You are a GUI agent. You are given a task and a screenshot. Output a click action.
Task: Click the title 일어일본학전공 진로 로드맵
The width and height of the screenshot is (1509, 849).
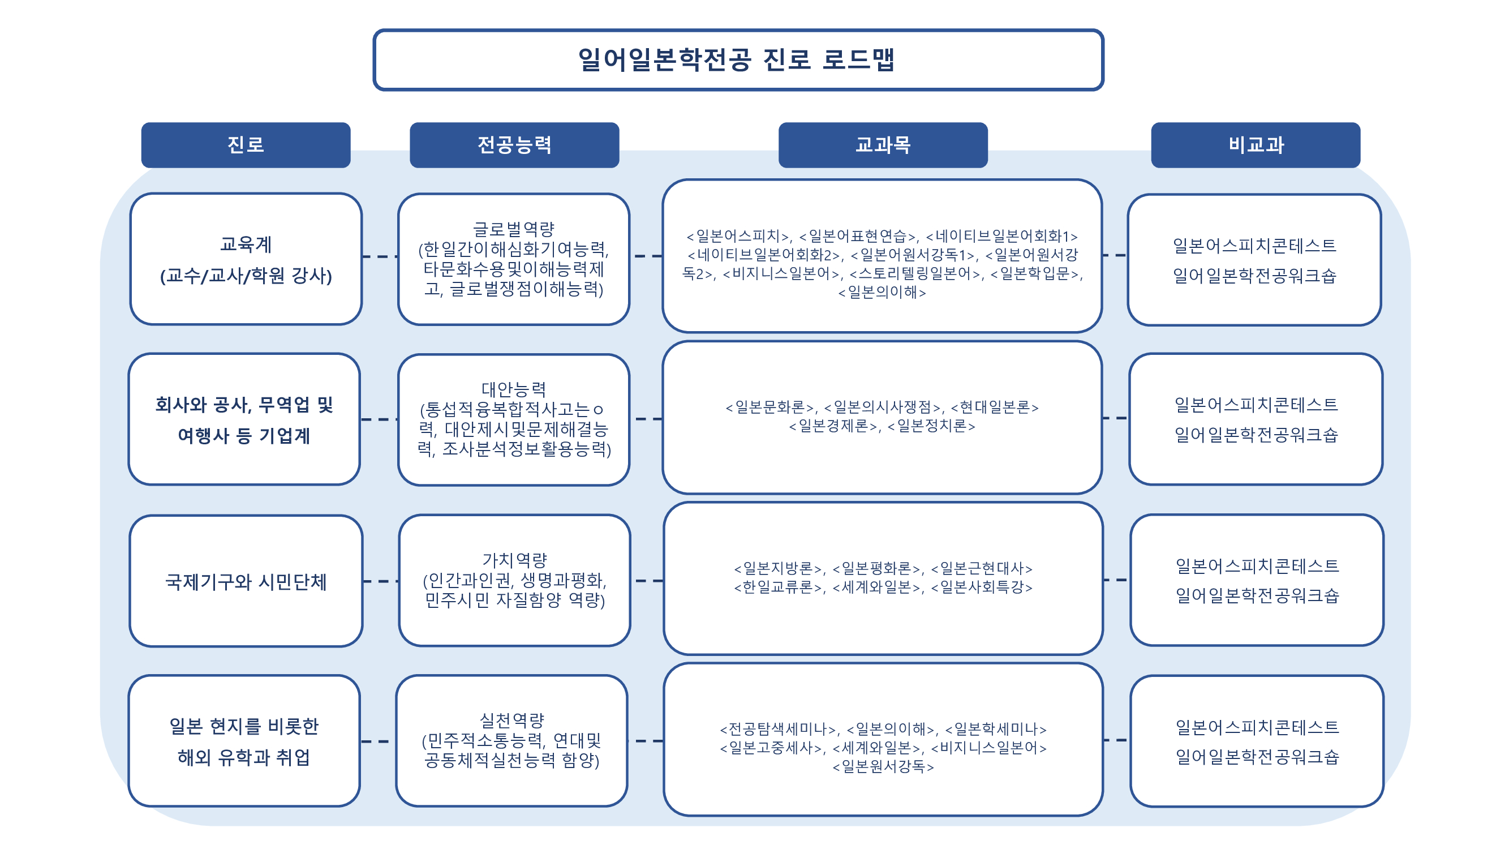click(737, 60)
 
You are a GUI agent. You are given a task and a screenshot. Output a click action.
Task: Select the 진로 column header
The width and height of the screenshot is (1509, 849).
click(246, 145)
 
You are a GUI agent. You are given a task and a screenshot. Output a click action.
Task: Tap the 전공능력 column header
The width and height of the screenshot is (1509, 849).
click(514, 145)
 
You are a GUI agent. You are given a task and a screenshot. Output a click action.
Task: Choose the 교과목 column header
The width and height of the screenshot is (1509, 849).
click(882, 145)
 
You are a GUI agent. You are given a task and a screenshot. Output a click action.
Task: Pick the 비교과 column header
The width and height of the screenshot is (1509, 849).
click(1256, 145)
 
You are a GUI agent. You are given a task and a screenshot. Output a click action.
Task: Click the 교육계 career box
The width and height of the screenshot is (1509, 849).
click(246, 259)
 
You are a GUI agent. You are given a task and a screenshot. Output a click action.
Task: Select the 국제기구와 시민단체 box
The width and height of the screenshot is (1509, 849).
click(246, 581)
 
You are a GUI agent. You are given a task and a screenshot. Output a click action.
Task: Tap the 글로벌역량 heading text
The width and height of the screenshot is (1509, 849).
click(513, 229)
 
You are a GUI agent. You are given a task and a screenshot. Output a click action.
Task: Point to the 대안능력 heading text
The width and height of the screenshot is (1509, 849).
click(513, 389)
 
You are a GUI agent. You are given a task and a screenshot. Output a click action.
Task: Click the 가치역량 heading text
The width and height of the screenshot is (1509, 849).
click(514, 560)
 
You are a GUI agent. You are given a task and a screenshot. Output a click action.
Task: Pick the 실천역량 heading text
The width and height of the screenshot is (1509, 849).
click(512, 720)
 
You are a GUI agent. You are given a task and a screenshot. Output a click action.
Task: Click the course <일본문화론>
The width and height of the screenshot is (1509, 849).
click(770, 407)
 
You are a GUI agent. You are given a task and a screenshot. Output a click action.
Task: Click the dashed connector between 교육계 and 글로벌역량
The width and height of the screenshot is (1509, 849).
click(380, 256)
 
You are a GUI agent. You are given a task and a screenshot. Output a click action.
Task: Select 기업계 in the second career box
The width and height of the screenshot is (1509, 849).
click(285, 436)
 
